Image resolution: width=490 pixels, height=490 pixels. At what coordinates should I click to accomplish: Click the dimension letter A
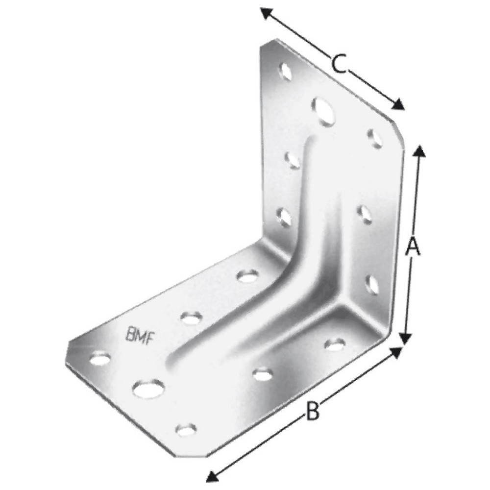click(413, 246)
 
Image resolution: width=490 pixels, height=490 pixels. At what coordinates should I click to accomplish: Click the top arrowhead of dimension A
click(419, 151)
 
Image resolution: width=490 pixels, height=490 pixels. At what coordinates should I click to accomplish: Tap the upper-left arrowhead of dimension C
click(266, 13)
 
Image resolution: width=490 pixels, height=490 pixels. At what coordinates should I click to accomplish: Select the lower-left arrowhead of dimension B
click(213, 476)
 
